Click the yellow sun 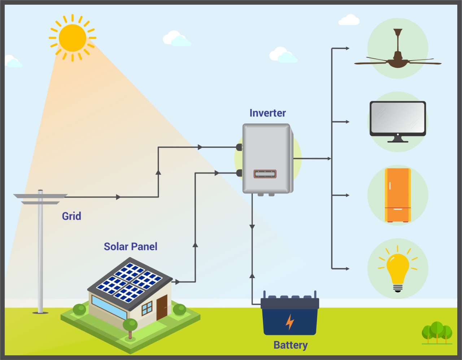(x=72, y=38)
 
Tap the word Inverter (x=267, y=113)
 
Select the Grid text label (x=71, y=216)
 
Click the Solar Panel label (x=131, y=247)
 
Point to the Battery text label (x=291, y=345)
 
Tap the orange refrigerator (x=398, y=195)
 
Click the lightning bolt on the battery (x=289, y=322)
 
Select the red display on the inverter (x=265, y=174)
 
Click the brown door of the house (x=162, y=307)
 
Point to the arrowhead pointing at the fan (x=347, y=48)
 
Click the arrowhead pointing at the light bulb (x=347, y=269)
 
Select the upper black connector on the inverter (x=239, y=147)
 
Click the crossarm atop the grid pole (x=40, y=196)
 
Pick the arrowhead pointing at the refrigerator (x=347, y=195)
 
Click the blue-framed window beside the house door (x=147, y=308)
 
